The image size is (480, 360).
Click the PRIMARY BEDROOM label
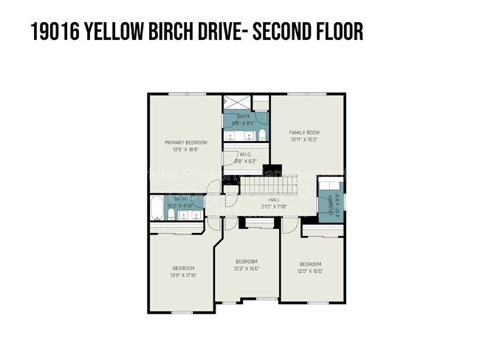point(185,142)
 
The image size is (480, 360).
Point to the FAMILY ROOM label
point(304,133)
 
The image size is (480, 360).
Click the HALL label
point(274,200)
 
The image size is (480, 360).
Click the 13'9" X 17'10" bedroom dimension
point(184,274)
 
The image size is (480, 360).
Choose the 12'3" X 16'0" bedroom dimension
point(247,268)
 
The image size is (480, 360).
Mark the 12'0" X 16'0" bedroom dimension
point(310,271)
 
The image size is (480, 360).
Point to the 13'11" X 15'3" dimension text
point(304,139)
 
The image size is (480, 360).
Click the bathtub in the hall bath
point(157,209)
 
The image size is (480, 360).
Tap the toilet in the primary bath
point(261,135)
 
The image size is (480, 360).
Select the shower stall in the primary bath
point(236,103)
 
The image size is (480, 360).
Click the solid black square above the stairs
point(272,168)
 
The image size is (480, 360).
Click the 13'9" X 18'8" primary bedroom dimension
point(185,150)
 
